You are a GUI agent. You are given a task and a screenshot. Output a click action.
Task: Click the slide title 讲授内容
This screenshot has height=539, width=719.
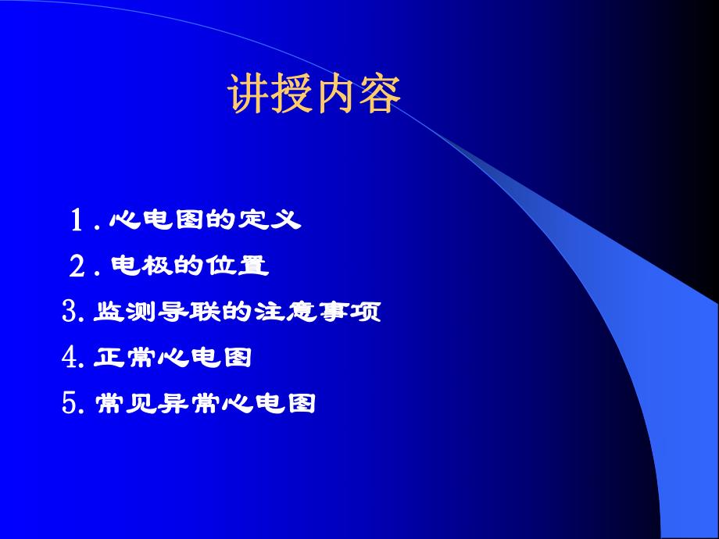click(x=314, y=95)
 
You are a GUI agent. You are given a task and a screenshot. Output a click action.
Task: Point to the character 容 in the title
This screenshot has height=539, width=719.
click(x=381, y=95)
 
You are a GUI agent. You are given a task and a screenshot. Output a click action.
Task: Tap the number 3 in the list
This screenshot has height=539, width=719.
click(x=69, y=312)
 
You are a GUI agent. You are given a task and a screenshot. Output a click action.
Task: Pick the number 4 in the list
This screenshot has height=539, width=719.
click(x=69, y=358)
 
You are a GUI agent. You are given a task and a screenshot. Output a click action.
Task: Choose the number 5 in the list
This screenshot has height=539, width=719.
click(x=69, y=404)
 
